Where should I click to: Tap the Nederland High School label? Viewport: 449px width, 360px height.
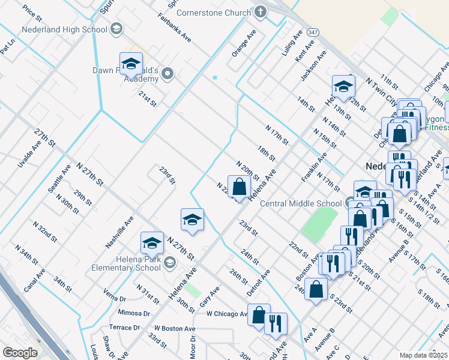click(x=64, y=29)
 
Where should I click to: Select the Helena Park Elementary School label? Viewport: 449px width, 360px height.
click(x=123, y=263)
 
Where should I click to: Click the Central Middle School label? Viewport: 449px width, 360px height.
click(x=301, y=203)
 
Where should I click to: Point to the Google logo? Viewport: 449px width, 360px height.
click(x=20, y=353)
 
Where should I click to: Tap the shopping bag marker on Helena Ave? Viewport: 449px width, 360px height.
click(x=239, y=187)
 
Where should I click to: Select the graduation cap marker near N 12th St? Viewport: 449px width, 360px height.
click(x=343, y=86)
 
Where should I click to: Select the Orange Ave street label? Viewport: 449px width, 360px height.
click(x=244, y=43)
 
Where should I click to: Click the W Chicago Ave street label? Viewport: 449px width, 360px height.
click(x=226, y=314)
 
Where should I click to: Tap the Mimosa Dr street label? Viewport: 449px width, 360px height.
click(x=133, y=313)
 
